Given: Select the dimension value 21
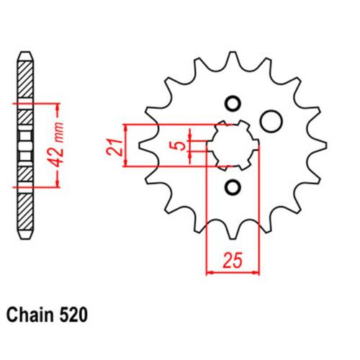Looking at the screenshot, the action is [x=114, y=147].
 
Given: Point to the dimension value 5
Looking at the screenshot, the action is [x=181, y=145].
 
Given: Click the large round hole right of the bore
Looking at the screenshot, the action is [x=271, y=121].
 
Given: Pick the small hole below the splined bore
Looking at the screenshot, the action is [x=233, y=187].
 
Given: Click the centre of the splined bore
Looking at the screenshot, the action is [x=233, y=145].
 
